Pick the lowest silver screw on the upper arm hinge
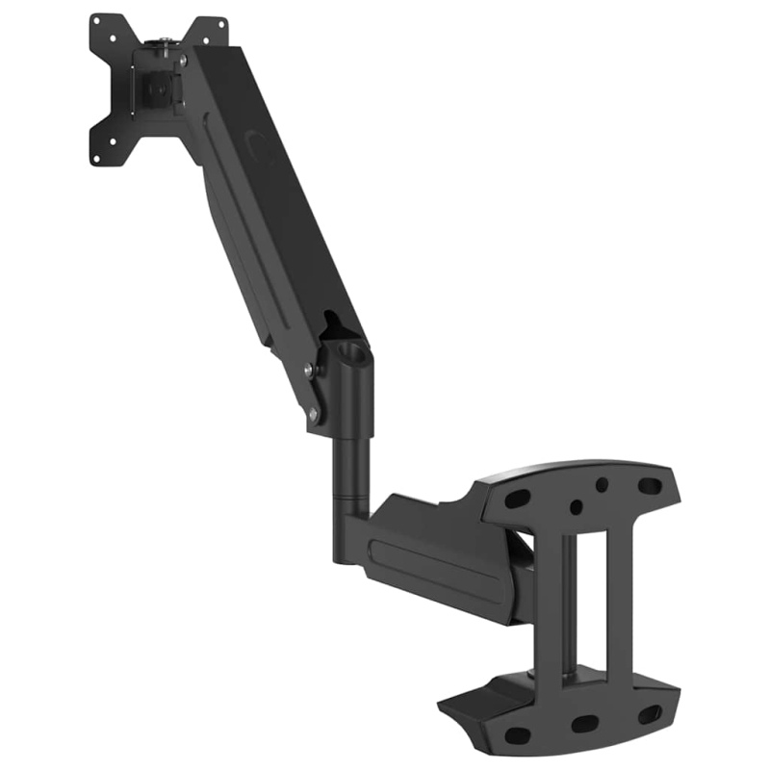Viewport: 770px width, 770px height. tap(313, 415)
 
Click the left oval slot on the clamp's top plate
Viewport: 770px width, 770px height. tap(518, 499)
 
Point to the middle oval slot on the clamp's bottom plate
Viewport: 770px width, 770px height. tap(585, 723)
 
